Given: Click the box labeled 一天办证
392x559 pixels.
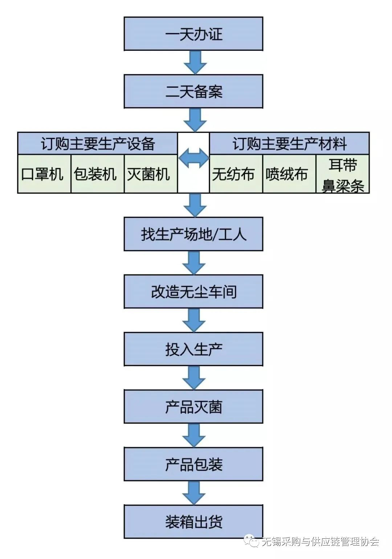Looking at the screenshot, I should click(x=193, y=34).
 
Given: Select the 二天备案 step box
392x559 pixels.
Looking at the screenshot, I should click(x=193, y=91).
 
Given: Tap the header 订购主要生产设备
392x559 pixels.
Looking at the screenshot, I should click(x=98, y=143).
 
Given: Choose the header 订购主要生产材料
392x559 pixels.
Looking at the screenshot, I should click(x=289, y=143).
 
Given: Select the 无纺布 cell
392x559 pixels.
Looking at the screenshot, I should click(x=236, y=174).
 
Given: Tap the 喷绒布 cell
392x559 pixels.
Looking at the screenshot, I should click(x=289, y=174).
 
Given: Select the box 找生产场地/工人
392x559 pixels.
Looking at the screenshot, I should click(x=193, y=234).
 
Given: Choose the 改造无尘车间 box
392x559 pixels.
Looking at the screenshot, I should click(x=193, y=292).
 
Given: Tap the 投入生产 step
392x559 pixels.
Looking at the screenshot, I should click(x=193, y=349).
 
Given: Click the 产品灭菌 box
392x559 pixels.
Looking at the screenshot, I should click(x=193, y=406).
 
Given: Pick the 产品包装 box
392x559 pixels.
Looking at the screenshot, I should click(x=193, y=464).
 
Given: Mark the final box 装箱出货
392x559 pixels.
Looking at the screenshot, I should click(x=193, y=522).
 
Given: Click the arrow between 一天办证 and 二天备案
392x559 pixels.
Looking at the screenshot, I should click(x=195, y=63).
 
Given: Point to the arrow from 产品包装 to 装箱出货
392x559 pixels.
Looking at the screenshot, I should click(x=194, y=493).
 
